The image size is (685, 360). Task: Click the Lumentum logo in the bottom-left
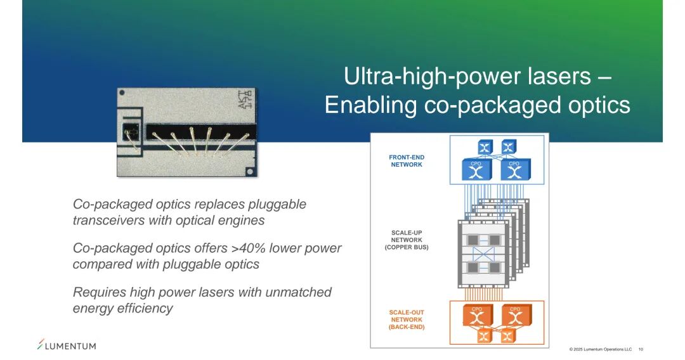(67, 345)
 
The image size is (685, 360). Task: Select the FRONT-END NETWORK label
(407, 161)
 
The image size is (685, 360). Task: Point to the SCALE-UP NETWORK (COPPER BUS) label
(407, 240)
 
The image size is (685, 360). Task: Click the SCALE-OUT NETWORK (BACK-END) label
(407, 319)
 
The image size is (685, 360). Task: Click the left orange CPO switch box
(477, 315)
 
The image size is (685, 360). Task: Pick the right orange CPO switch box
(515, 315)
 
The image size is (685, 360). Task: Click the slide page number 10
(641, 349)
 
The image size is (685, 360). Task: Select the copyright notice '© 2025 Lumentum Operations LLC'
(600, 349)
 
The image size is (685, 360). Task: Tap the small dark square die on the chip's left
(131, 133)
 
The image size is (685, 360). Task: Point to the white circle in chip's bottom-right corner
(251, 170)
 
